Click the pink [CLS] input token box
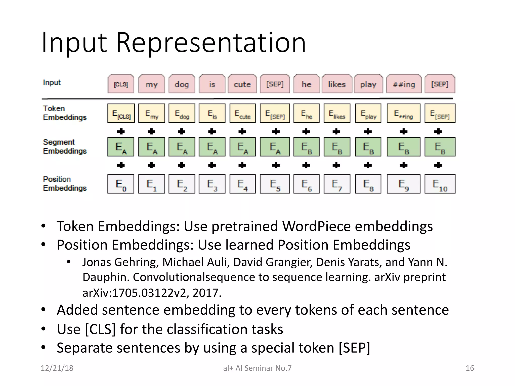point(121,84)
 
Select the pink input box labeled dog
point(182,84)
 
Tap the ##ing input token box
point(404,84)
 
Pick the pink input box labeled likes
point(337,84)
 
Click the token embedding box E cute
point(242,113)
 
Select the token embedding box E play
point(368,113)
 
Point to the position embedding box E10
point(440,184)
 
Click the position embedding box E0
point(121,184)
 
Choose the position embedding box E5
point(275,184)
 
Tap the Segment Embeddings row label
point(65,147)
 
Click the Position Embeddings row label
point(65,184)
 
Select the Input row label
point(52,82)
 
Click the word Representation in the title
point(211,43)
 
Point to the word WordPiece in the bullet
point(316,226)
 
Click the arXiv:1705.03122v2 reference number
point(136,293)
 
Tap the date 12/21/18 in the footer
point(57,368)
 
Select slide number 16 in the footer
point(470,368)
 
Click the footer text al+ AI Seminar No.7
point(257,368)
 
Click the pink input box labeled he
point(307,84)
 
